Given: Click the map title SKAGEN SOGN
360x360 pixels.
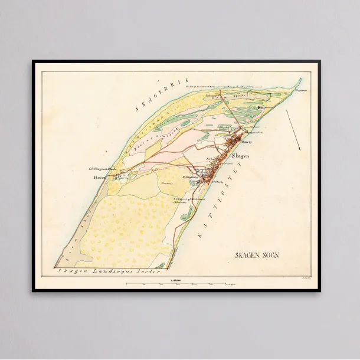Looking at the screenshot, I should tap(256, 255).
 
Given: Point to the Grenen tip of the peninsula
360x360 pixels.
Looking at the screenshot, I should tap(300, 80).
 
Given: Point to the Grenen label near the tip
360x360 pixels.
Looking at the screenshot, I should tap(302, 91).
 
